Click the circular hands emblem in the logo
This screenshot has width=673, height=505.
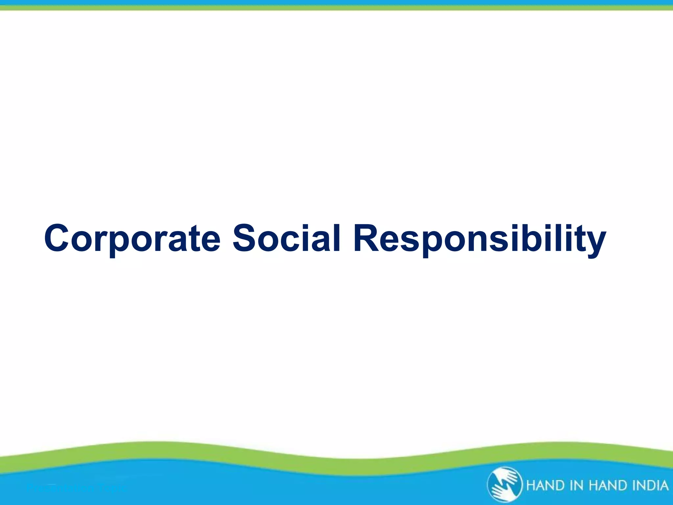(x=504, y=485)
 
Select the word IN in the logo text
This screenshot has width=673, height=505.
(x=578, y=485)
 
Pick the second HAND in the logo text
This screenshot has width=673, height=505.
(x=608, y=485)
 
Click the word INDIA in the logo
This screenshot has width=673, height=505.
(x=650, y=485)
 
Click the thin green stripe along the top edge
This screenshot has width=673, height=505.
(x=336, y=8)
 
